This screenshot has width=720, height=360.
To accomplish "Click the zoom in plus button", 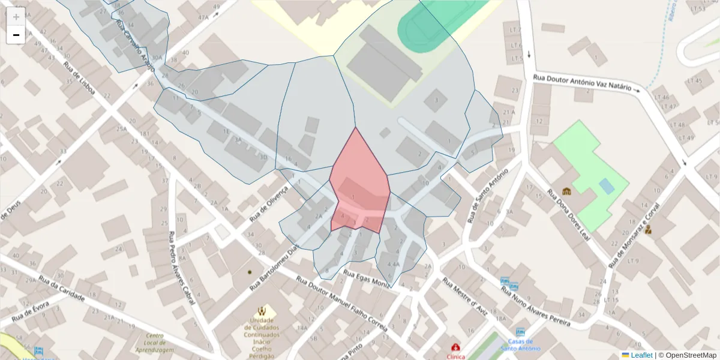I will [16, 17].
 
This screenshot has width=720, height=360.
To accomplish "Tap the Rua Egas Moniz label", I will [366, 277].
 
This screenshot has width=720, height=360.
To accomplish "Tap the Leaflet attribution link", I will [641, 355].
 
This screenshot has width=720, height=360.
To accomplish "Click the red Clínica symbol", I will [456, 347].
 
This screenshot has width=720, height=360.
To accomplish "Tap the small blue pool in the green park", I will [607, 186].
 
